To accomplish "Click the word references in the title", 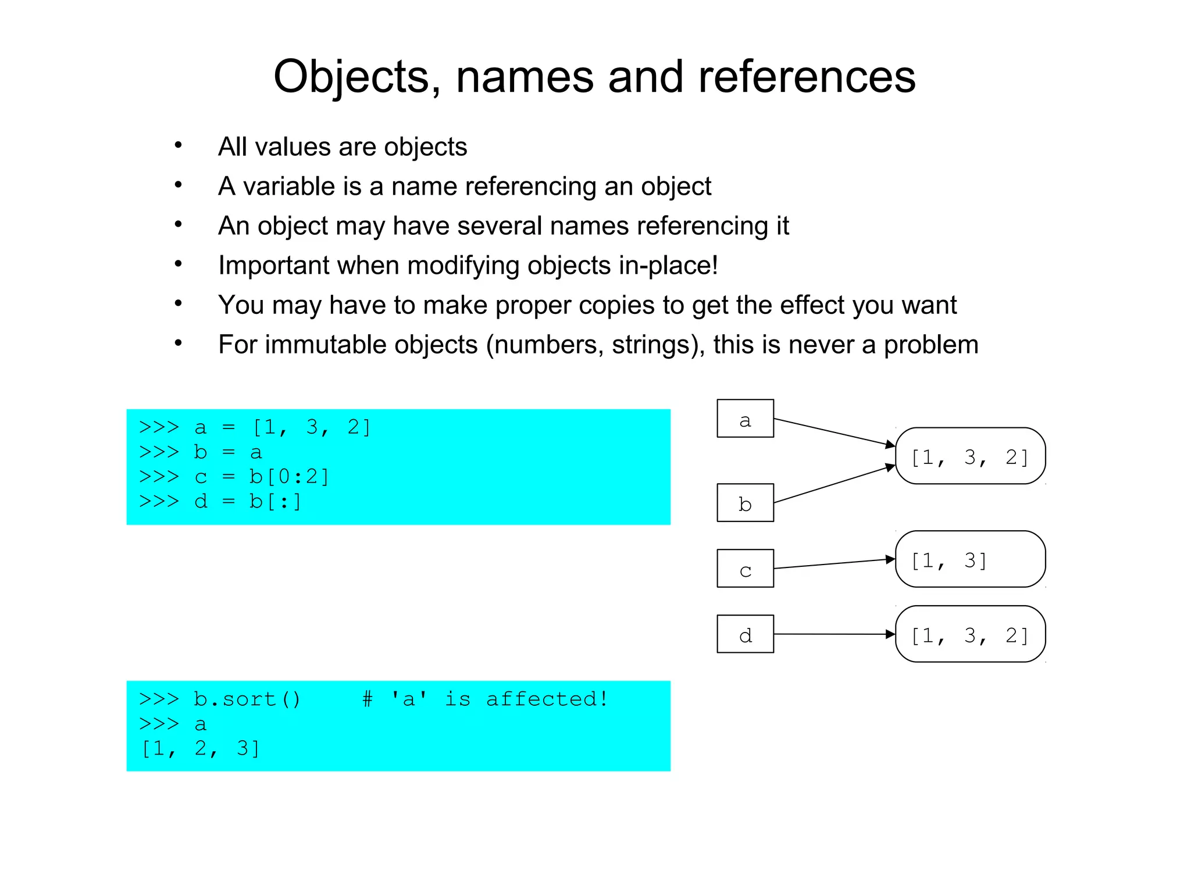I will [807, 77].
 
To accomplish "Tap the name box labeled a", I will [745, 419].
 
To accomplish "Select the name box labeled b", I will [745, 503].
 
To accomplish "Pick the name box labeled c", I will [745, 569].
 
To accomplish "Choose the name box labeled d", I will [745, 634].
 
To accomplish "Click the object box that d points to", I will [970, 634].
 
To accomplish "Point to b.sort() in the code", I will [247, 699].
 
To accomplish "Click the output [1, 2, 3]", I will [200, 749].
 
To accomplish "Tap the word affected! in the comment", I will [547, 699].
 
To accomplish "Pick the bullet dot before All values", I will [179, 145].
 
